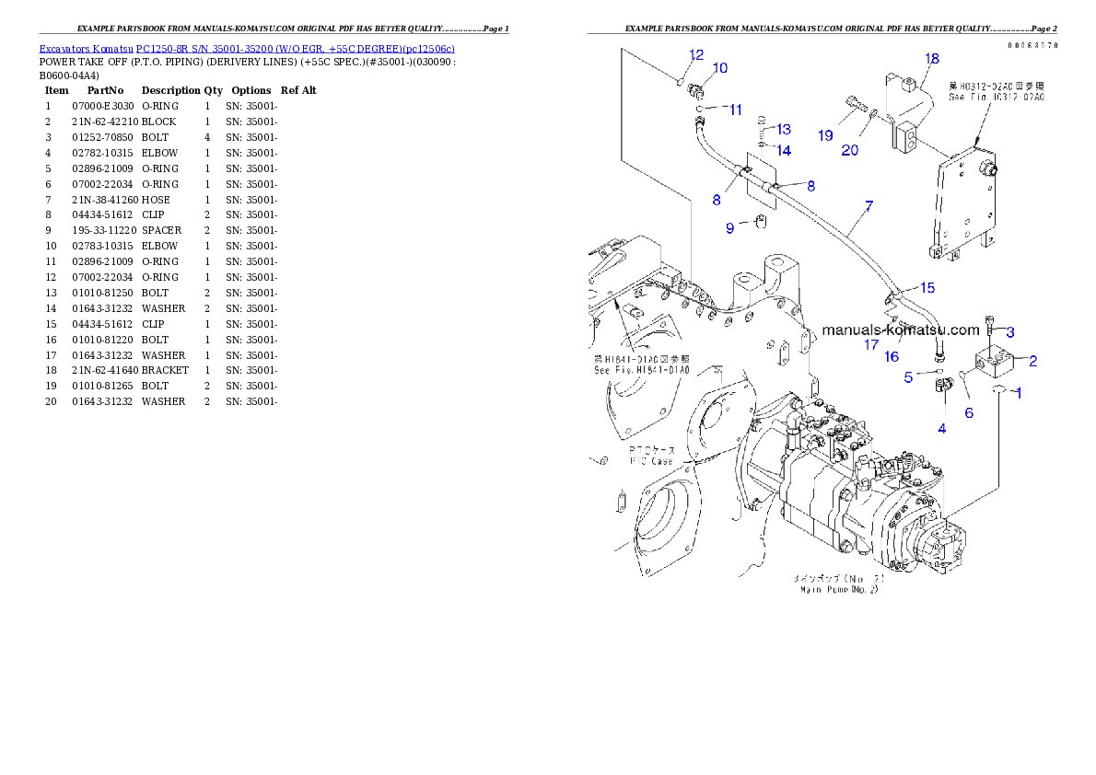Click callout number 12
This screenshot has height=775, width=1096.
pos(696,55)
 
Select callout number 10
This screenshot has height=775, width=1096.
pos(720,68)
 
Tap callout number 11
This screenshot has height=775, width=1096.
pos(735,110)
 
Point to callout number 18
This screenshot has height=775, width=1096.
pos(932,59)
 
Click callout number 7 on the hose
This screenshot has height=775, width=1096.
pos(868,206)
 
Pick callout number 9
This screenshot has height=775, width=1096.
pos(730,227)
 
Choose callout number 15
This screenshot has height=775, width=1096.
pos(927,288)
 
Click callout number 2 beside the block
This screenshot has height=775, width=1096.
pos(1032,361)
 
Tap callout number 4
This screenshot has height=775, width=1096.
pos(941,428)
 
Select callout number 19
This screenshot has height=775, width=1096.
pos(825,135)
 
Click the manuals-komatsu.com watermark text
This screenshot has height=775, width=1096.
pos(901,330)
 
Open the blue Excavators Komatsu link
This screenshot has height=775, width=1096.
pos(246,48)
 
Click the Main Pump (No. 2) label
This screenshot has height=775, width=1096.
pos(839,584)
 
